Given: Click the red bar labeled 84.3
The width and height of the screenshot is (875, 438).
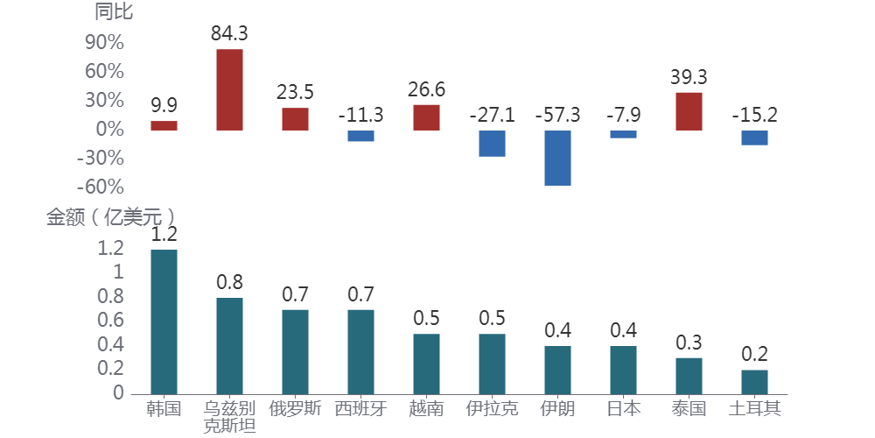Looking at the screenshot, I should click(229, 89).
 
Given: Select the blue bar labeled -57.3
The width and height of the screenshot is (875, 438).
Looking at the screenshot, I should click(557, 158).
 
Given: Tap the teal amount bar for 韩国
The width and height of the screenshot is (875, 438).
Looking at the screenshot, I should click(164, 321).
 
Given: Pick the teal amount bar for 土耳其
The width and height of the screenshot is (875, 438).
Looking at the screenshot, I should click(754, 381).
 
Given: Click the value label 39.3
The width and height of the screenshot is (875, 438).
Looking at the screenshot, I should click(689, 77).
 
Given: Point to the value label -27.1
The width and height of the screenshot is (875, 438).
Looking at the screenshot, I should click(492, 115).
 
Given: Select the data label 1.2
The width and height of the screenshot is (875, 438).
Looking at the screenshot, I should click(164, 234).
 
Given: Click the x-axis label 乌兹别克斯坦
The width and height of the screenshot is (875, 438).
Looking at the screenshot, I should click(229, 417).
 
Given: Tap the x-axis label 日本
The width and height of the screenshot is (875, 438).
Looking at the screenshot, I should click(623, 408).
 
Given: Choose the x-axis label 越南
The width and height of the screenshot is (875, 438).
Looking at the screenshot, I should click(426, 408).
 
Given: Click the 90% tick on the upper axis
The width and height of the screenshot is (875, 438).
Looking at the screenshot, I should click(103, 43).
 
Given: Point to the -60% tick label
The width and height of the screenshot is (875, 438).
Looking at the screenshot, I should click(101, 187).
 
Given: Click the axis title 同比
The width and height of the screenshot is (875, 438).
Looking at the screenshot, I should click(114, 12).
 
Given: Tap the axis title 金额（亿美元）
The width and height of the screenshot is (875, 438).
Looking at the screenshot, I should click(110, 216).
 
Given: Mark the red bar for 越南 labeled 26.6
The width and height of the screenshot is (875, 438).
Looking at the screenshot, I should click(426, 117).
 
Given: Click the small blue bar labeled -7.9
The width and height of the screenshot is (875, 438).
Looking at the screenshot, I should click(623, 134).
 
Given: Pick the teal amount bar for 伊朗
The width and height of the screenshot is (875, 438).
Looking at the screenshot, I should click(557, 370).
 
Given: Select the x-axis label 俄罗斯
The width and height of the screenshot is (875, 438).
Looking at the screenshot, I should click(295, 408).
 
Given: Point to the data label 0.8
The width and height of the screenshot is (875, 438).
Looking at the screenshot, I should click(229, 282).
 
